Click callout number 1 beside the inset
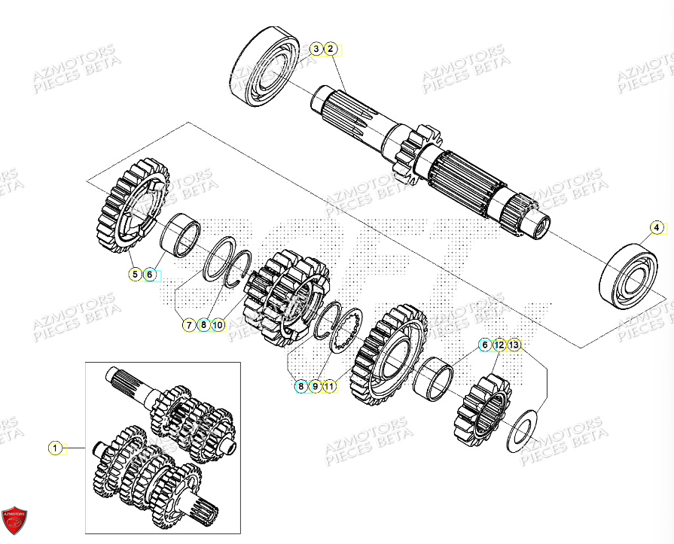(x=54, y=448)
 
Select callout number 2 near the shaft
(x=330, y=50)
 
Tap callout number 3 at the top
(x=316, y=50)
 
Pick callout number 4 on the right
(x=656, y=227)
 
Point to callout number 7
(x=188, y=325)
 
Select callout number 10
(x=218, y=325)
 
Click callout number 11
(x=330, y=387)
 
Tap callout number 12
(x=499, y=345)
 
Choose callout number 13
(x=514, y=345)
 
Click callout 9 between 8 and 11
(x=316, y=387)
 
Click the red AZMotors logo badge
(x=15, y=521)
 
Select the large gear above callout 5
(x=133, y=204)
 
